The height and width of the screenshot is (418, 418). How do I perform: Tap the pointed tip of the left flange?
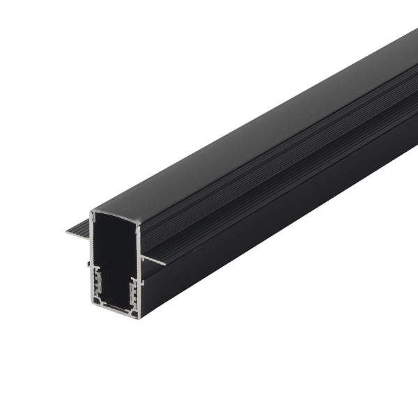tap(68, 232)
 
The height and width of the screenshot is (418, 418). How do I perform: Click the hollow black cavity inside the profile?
tap(116, 251)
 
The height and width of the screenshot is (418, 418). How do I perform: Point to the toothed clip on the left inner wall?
tap(97, 282)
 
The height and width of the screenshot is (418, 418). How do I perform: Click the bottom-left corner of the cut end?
tap(92, 304)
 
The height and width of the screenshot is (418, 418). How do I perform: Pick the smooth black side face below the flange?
tap(279, 223)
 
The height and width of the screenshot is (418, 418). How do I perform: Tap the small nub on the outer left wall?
tap(88, 265)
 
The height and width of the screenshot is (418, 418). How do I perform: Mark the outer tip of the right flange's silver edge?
tap(165, 263)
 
